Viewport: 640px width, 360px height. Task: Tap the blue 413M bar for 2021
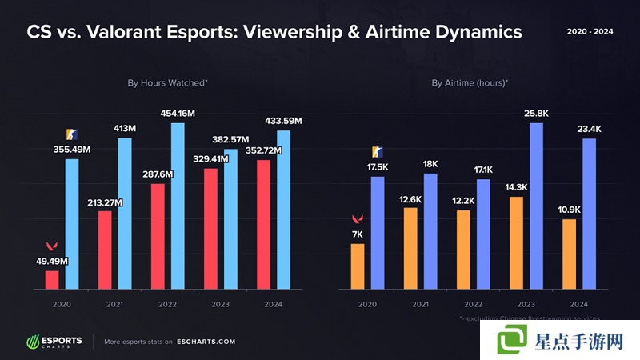[125, 212]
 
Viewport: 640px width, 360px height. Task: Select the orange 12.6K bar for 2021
[410, 247]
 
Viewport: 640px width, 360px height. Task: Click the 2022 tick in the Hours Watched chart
[167, 304]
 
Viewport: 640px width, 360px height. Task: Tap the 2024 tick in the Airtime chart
[578, 304]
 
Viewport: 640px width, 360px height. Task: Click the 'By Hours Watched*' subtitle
[168, 82]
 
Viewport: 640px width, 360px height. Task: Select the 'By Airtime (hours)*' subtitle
[470, 82]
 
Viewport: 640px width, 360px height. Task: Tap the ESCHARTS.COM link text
[206, 342]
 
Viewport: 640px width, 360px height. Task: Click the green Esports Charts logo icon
[33, 342]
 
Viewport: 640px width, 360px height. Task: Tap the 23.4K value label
[589, 128]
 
